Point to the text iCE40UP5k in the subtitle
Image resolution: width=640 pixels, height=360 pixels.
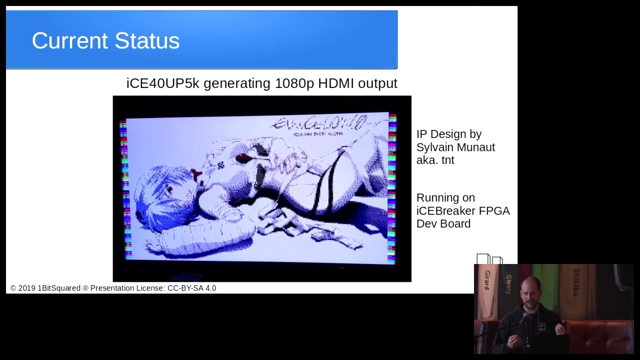click(x=162, y=83)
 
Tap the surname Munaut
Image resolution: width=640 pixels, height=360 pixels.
click(x=477, y=147)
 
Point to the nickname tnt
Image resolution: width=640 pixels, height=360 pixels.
click(x=447, y=160)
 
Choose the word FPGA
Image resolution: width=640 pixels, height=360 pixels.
click(x=494, y=210)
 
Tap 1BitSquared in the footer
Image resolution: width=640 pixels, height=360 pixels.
click(x=59, y=288)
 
